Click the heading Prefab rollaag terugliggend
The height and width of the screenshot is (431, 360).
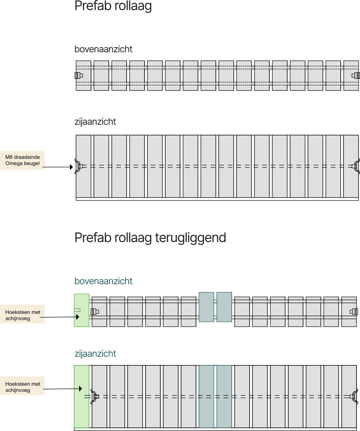coord(150,238)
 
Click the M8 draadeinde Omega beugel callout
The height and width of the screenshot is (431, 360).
coord(22,160)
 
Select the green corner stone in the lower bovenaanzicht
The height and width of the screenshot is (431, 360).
coord(82,310)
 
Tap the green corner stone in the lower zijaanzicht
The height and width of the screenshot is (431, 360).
coord(82,397)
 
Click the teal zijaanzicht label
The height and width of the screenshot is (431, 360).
coord(95,354)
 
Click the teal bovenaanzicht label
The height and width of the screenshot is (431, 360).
coord(103,281)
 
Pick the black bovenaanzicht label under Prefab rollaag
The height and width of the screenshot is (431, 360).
coord(103,49)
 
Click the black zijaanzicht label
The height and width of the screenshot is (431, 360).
coord(95,122)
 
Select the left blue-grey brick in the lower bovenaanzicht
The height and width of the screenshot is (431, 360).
coord(206,307)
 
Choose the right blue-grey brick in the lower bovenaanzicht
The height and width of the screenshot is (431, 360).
coord(224,307)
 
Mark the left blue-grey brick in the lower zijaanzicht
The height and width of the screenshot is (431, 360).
coord(206,397)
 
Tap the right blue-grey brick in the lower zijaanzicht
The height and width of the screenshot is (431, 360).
coord(224,397)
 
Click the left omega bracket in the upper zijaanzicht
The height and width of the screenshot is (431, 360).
coord(77,166)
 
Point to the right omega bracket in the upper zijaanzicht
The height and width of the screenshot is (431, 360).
coord(357,166)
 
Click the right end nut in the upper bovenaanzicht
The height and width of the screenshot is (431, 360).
coord(356,75)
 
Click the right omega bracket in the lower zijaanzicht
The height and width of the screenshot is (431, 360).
coord(355,397)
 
